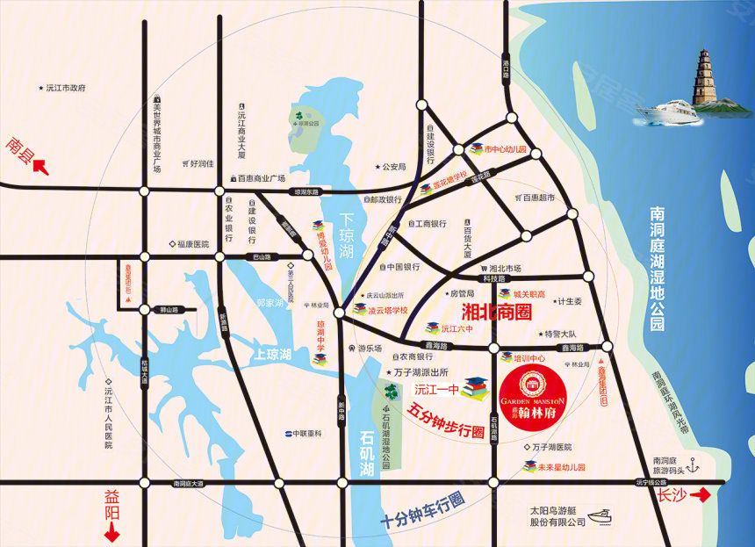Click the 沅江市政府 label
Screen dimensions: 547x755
[x=62, y=88]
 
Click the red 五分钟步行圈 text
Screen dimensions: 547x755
[x=447, y=421]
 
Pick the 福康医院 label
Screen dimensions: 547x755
[x=191, y=244]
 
